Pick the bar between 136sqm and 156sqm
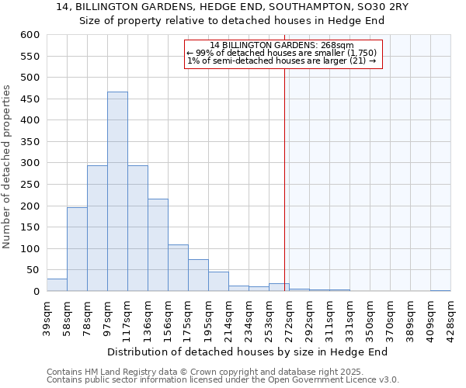(x=158, y=245)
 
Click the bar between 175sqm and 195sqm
(x=198, y=275)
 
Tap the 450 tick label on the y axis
(x=30, y=120)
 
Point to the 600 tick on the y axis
(x=30, y=35)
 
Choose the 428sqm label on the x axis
(x=450, y=314)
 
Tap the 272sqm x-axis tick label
(x=289, y=314)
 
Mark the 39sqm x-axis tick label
(x=47, y=314)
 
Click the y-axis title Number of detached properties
(x=7, y=167)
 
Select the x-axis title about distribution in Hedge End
(x=247, y=352)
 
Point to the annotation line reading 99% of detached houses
(x=282, y=53)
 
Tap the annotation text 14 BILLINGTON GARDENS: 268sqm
(x=282, y=45)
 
